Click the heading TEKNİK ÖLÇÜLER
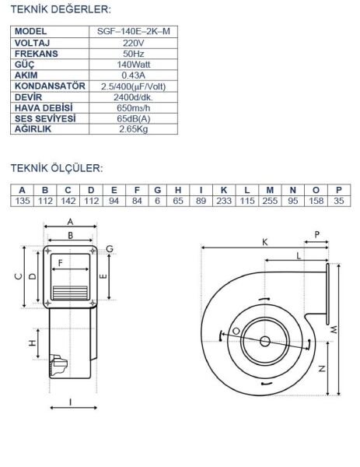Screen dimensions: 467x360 (x=56, y=168)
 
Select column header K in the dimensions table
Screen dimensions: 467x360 (x=224, y=190)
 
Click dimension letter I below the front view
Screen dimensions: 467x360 (x=71, y=402)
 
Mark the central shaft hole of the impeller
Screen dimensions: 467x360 (x=265, y=341)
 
